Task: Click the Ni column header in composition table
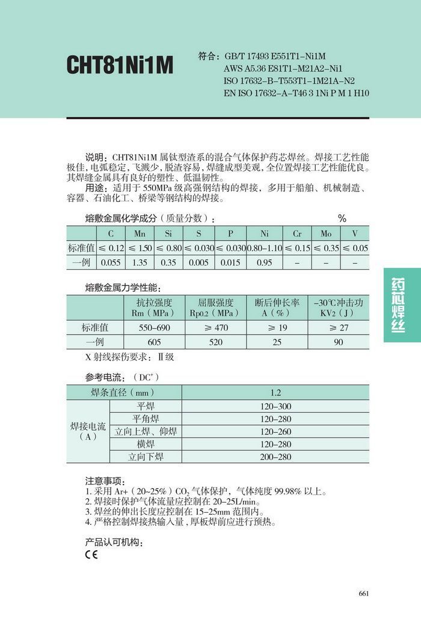(264, 233)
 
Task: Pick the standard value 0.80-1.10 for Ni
(264, 248)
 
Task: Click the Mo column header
(326, 233)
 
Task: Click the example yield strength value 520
(215, 342)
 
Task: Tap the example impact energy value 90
(339, 342)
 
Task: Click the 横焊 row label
(146, 444)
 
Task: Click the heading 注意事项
(105, 482)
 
